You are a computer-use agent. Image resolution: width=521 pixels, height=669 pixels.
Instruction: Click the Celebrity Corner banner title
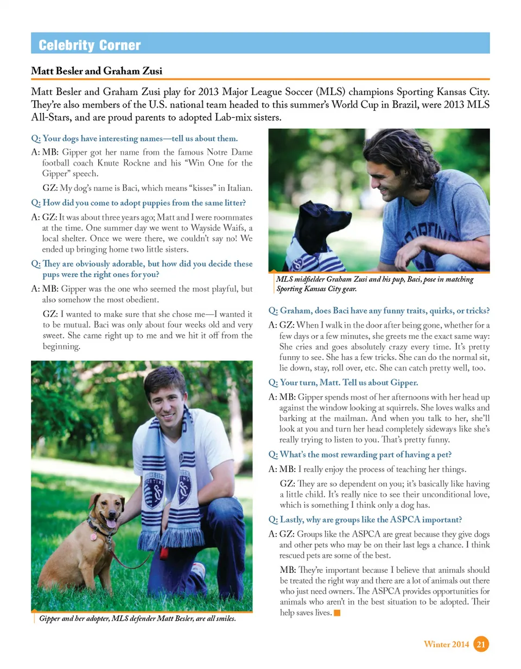(x=90, y=46)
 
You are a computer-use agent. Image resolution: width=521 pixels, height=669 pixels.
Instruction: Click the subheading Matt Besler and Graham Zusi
(x=97, y=71)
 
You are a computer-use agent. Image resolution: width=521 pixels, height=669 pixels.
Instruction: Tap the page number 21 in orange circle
(x=481, y=644)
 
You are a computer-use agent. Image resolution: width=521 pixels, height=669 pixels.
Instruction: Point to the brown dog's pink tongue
(x=111, y=523)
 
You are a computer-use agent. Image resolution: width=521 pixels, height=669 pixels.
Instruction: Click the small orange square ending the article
(x=337, y=614)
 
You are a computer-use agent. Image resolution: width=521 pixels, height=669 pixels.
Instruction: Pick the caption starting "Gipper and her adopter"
(x=138, y=619)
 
